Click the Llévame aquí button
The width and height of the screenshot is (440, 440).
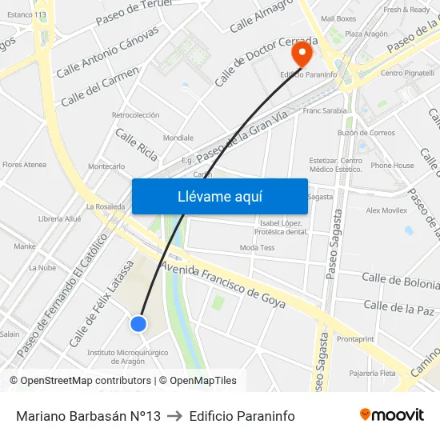tap(219, 196)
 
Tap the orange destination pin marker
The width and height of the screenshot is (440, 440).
tap(302, 54)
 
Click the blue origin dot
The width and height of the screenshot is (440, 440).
tap(138, 323)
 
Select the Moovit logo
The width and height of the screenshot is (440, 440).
tap(391, 415)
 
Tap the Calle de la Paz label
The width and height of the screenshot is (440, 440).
tap(398, 307)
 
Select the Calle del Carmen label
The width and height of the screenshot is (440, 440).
tap(99, 86)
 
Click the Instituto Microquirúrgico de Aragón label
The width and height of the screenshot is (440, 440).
tap(127, 356)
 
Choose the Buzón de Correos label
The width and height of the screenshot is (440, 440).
tap(366, 133)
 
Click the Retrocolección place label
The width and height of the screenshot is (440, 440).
tap(135, 115)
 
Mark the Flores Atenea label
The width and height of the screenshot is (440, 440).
tap(24, 165)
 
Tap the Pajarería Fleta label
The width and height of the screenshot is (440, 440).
tap(372, 373)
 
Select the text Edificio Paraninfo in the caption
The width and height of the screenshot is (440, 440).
tap(242, 416)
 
